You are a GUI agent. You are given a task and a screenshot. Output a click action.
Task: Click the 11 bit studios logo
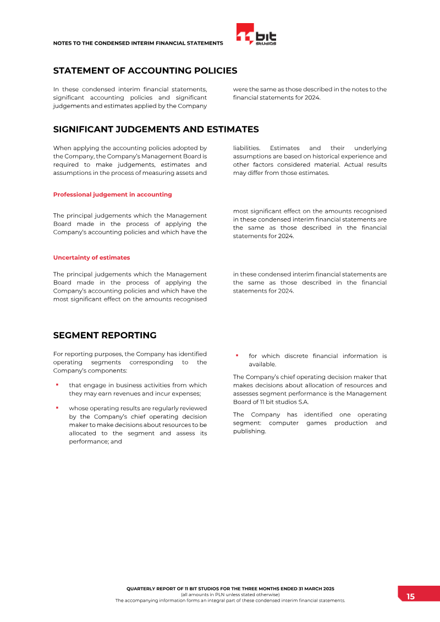click(256, 34)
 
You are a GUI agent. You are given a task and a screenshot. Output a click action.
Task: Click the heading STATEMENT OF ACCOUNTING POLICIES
click(145, 71)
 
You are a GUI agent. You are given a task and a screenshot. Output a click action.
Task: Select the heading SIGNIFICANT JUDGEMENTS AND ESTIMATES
click(156, 130)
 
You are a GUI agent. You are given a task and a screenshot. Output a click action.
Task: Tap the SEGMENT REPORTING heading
click(105, 335)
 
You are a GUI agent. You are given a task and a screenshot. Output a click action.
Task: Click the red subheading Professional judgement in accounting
click(112, 195)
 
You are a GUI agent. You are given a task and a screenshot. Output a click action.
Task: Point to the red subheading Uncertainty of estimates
click(91, 257)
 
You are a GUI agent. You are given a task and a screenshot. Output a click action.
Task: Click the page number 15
click(411, 597)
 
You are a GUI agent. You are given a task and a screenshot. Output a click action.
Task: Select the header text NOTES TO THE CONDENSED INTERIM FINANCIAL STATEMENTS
click(138, 43)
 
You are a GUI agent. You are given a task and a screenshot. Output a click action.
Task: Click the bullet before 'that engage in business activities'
click(57, 384)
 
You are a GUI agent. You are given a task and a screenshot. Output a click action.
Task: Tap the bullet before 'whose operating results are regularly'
click(57, 408)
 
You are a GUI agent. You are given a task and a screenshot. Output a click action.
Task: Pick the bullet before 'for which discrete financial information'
click(237, 355)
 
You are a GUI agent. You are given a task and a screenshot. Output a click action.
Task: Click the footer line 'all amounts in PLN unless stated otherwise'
click(230, 595)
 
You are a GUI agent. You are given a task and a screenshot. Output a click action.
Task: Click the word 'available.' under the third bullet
click(262, 365)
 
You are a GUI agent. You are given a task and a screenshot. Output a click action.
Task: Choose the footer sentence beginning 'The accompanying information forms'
click(230, 601)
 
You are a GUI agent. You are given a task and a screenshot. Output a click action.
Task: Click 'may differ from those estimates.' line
click(280, 173)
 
